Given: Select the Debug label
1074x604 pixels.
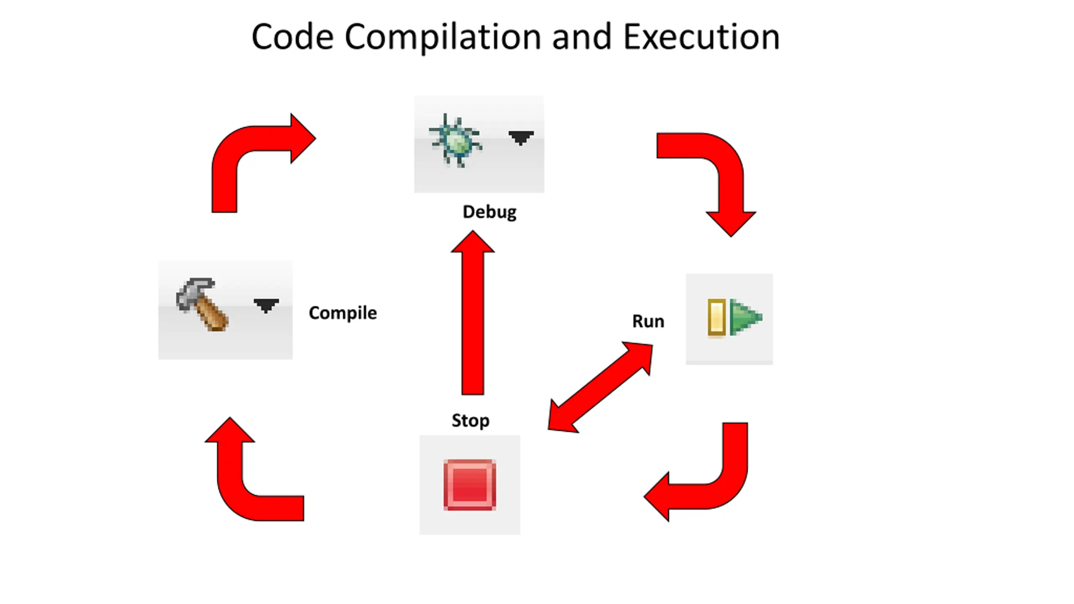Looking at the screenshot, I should pos(489,212).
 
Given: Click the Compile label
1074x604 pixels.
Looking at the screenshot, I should pos(342,312).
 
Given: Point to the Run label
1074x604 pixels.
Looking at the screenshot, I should pos(648,321).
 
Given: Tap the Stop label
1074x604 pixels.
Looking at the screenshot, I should pos(470,420).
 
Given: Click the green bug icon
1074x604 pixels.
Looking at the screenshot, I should pos(456,141).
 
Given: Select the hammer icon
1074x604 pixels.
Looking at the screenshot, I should pos(202,304).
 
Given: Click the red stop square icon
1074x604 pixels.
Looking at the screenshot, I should pos(470,485).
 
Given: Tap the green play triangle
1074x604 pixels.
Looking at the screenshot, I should pos(746,317).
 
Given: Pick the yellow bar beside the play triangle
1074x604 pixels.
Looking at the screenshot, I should pos(717,317).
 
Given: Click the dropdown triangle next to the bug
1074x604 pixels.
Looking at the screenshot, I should pos(521,137).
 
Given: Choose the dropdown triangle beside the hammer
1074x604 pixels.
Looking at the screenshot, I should pos(266,305).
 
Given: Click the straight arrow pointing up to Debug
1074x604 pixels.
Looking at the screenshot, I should pos(473,319).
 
